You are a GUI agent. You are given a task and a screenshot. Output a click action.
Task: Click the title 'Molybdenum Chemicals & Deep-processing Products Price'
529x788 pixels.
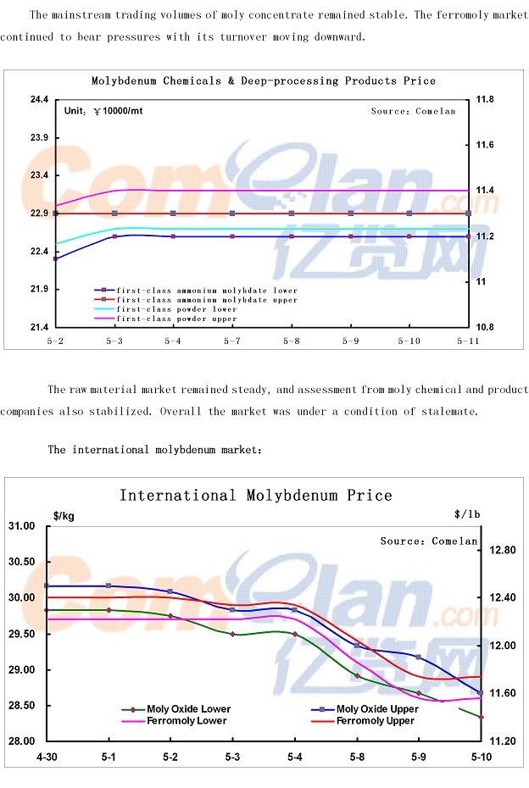[263, 81]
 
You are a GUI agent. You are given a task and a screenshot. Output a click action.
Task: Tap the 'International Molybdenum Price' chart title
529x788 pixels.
[255, 495]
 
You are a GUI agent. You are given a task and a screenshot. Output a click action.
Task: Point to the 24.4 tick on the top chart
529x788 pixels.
[39, 100]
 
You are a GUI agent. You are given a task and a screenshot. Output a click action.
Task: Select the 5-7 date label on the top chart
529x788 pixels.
[232, 341]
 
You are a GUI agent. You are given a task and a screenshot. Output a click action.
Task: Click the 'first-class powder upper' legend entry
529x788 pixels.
[176, 319]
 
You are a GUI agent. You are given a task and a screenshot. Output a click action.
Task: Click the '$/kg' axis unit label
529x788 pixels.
[63, 515]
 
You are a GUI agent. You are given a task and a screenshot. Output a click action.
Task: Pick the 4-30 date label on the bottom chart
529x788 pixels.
[46, 755]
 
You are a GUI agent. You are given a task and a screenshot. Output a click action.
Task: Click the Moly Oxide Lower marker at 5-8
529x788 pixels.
[357, 676]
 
